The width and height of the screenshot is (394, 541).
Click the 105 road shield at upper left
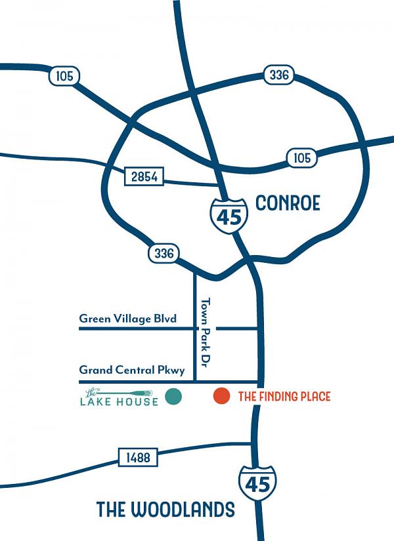(64, 77)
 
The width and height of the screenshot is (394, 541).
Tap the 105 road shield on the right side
(301, 157)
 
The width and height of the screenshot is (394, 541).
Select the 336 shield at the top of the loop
(278, 75)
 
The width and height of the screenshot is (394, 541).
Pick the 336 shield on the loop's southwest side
(163, 254)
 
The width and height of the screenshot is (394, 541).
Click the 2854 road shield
(144, 176)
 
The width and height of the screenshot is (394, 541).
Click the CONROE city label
(288, 203)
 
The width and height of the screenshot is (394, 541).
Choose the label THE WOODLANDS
(165, 510)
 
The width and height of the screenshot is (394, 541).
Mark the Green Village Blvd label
(128, 319)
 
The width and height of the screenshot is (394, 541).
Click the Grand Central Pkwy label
(132, 371)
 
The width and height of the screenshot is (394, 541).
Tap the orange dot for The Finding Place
(222, 396)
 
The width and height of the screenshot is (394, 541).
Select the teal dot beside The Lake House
(173, 396)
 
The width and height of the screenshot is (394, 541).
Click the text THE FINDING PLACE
(284, 396)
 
